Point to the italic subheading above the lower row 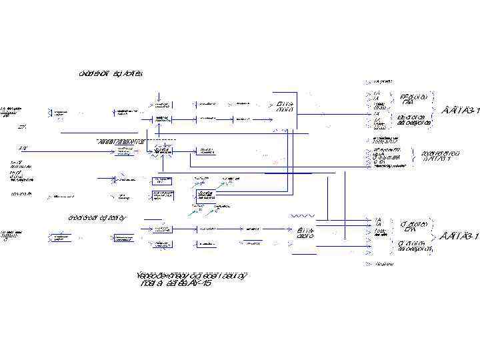tap(97, 217)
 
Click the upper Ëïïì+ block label tap(285, 107)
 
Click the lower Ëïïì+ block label tap(305, 233)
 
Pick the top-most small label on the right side tap(382, 81)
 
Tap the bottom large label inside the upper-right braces tap(413, 119)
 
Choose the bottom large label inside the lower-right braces tap(415, 246)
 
